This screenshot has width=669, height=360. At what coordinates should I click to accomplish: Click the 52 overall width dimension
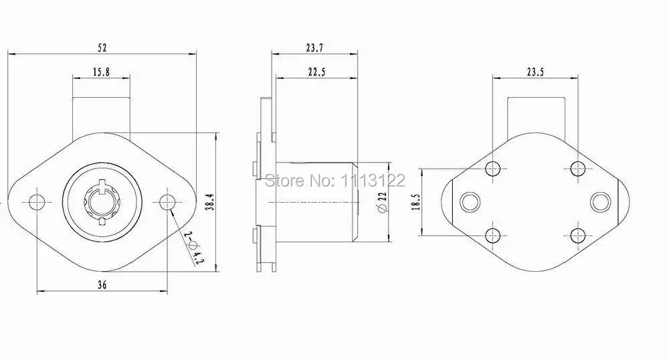pyautogui.click(x=102, y=48)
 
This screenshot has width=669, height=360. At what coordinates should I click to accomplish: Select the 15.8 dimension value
pyautogui.click(x=101, y=72)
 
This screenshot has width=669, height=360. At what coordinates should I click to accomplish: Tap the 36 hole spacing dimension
pyautogui.click(x=102, y=284)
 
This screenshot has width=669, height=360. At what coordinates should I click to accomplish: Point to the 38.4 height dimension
pyautogui.click(x=210, y=202)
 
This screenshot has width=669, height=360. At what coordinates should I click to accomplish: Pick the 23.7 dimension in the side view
pyautogui.click(x=314, y=48)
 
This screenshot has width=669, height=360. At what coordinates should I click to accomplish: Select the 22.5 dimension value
pyautogui.click(x=316, y=72)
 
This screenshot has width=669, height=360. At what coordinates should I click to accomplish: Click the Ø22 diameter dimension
pyautogui.click(x=382, y=202)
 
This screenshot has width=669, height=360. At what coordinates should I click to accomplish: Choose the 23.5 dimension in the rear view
pyautogui.click(x=535, y=72)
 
